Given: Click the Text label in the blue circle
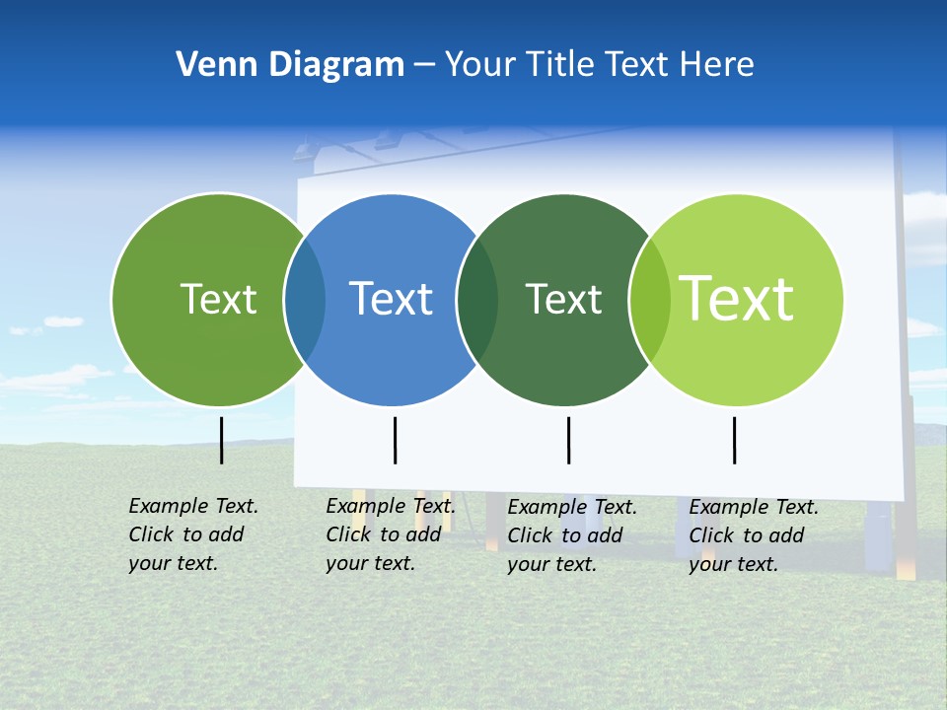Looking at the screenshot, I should [392, 299].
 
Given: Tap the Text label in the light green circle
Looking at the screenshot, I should [737, 298].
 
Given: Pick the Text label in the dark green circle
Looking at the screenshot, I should [563, 299].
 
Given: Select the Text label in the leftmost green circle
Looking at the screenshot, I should [218, 299].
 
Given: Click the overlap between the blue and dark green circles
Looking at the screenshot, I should [477, 300].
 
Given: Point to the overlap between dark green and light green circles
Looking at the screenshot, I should [650, 300].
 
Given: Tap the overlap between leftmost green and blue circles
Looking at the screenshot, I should [305, 300].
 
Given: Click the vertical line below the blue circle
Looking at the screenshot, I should [395, 440].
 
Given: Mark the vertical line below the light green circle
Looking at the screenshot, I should [734, 440].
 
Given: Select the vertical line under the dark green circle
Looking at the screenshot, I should [568, 440].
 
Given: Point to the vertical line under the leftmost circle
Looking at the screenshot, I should [221, 440].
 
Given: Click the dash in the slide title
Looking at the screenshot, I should [424, 65].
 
